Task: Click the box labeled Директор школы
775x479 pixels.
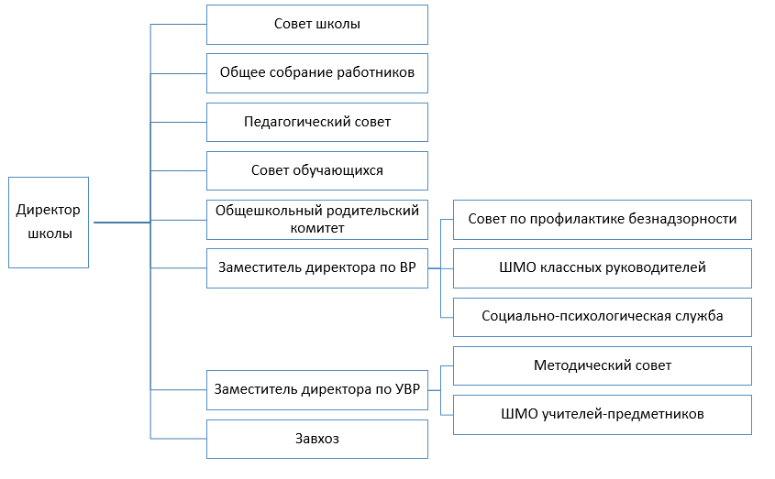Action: (49, 223)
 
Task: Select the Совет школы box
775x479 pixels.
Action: (316, 25)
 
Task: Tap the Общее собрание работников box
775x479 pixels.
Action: (316, 73)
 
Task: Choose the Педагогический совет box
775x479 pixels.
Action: (316, 122)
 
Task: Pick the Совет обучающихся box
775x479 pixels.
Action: (316, 170)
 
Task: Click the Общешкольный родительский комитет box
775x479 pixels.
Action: (316, 220)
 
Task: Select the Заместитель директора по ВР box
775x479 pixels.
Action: (316, 268)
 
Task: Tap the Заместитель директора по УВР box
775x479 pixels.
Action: (316, 390)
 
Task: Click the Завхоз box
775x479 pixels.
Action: (316, 439)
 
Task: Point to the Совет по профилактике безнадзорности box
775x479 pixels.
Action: (602, 220)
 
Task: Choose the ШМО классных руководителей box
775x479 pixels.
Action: (602, 268)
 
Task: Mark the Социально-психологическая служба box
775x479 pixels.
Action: (602, 317)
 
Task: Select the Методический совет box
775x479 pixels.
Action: (602, 366)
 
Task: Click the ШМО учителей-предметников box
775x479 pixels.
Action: (602, 415)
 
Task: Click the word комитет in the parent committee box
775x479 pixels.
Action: (316, 228)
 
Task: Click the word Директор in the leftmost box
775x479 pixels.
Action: (48, 210)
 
